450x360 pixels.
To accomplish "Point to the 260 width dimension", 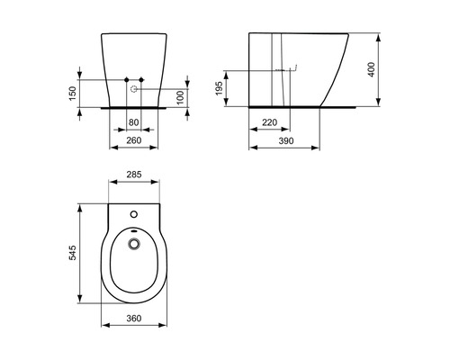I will click(x=133, y=140).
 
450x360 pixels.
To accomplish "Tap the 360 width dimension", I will click(x=134, y=319).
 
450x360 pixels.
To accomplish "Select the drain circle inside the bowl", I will click(x=134, y=242).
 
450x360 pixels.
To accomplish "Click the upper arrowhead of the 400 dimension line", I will click(x=374, y=36).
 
